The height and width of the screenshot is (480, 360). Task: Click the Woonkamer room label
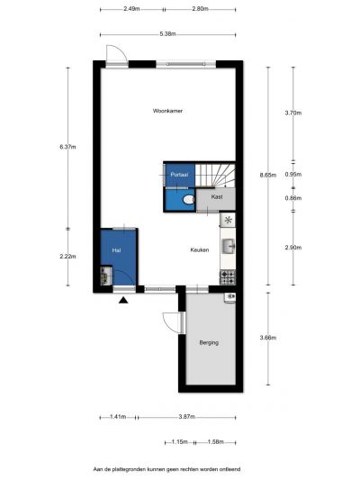click(x=167, y=111)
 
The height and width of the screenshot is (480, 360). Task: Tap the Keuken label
click(x=200, y=249)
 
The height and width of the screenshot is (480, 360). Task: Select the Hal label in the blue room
click(x=116, y=250)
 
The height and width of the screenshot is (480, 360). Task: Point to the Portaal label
click(x=179, y=175)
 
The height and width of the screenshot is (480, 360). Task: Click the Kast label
click(x=217, y=197)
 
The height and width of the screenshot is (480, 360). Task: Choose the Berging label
click(x=209, y=342)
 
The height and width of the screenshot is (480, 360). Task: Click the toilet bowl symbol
click(x=188, y=200)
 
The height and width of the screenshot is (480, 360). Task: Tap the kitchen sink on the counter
click(x=228, y=247)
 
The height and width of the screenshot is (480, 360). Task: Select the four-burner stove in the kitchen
click(x=228, y=277)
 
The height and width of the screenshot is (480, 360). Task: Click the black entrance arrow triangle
click(x=123, y=300)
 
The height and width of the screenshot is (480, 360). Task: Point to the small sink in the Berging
click(x=230, y=297)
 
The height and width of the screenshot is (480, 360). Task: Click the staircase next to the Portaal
click(x=215, y=175)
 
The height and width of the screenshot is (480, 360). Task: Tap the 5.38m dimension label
click(x=167, y=34)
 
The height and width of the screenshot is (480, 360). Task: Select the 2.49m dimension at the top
click(x=131, y=9)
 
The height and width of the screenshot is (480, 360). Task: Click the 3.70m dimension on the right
click(x=293, y=113)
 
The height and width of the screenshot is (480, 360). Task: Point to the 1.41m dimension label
click(x=118, y=416)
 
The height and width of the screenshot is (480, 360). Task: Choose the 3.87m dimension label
click(x=186, y=416)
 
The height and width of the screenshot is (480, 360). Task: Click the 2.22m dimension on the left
click(x=67, y=257)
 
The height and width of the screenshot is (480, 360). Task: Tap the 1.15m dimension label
click(x=179, y=442)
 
